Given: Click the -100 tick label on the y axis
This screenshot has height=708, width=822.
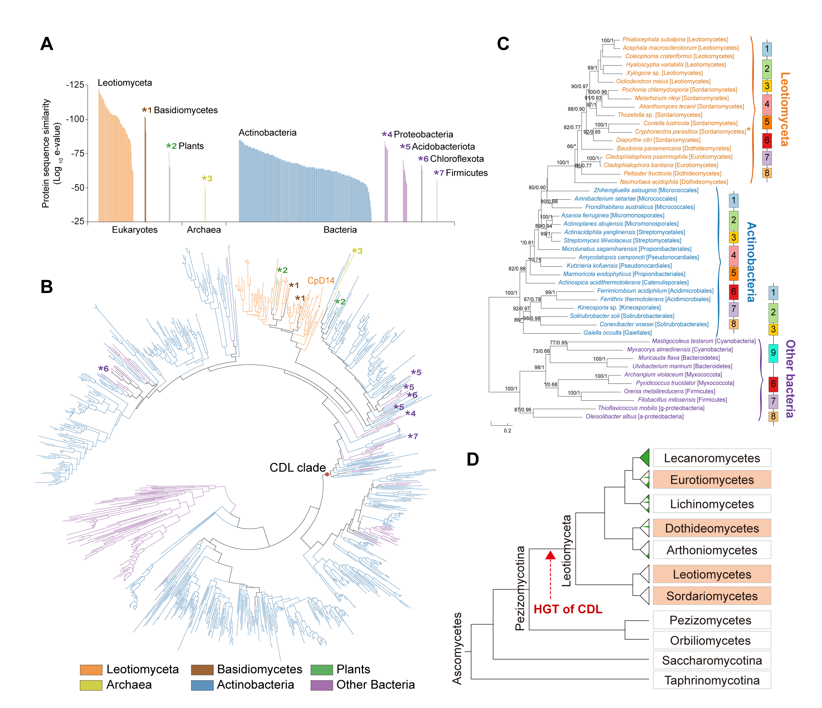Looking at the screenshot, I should coord(75,119).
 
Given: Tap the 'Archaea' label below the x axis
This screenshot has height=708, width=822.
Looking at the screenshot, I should coord(204,230).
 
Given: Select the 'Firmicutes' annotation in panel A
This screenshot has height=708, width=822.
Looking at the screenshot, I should coord(467,173).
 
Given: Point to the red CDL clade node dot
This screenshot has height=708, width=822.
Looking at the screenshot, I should coord(327,474).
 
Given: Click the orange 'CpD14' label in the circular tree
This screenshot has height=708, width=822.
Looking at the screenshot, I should coord(321,281).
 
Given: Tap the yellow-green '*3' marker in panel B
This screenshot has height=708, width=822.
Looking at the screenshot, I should coord(357,251).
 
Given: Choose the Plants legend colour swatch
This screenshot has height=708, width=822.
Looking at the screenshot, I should coord(321,670).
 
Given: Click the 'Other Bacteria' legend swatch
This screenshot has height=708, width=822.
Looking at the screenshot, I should coord(321,685).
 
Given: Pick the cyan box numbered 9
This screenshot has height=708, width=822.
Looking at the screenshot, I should coord(773,353).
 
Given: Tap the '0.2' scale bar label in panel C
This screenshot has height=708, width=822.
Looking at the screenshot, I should coord(507,431).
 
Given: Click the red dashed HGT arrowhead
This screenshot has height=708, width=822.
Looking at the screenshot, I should coord(550,555).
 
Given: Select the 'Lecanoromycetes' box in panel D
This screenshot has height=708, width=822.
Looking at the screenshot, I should coord(712,458).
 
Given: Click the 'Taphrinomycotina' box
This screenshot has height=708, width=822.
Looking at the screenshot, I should coord(712,680).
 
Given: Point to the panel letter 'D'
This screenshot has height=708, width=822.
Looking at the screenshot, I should coord(473,459).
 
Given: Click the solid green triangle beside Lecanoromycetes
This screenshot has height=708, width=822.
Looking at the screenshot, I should coord(645,458).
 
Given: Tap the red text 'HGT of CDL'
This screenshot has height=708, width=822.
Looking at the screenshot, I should coord(568,609).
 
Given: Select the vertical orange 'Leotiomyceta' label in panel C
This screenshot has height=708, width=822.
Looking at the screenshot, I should coord(784,109).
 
